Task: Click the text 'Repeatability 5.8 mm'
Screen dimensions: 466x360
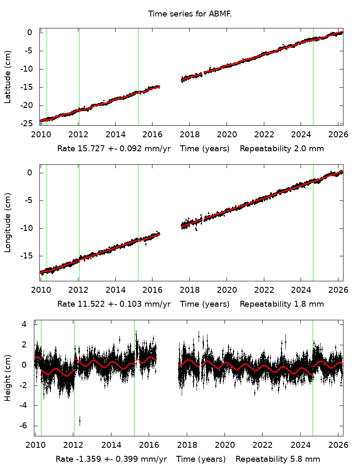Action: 278,459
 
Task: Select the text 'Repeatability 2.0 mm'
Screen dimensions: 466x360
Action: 282,149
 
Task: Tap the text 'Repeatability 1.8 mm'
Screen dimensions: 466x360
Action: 282,304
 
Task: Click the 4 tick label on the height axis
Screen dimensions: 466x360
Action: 24,324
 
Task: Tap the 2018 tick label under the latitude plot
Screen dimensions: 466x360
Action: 189,135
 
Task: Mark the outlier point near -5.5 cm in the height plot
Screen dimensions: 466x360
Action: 80,420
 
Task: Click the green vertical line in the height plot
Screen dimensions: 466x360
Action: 313,381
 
